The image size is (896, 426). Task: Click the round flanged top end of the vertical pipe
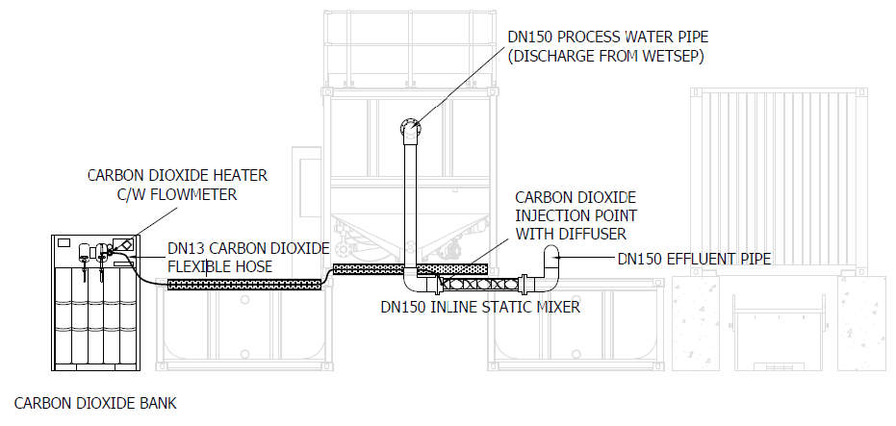410,127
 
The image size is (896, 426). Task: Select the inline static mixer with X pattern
480,282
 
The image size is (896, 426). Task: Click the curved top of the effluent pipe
552,253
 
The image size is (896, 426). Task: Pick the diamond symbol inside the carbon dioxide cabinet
126,245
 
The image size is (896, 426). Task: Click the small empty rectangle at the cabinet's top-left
64,242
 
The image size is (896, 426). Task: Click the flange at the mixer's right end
523,282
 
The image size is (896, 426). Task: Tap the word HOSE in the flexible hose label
255,266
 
